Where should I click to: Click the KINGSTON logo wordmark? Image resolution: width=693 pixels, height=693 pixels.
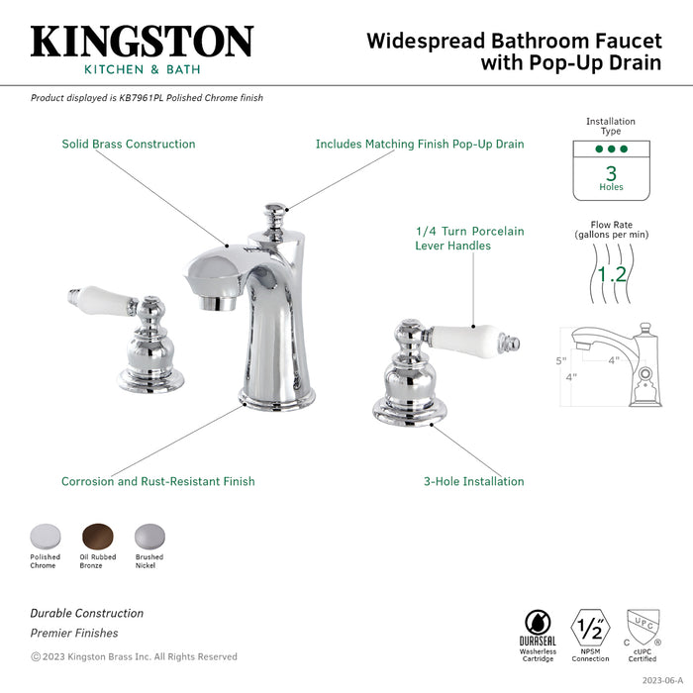142,41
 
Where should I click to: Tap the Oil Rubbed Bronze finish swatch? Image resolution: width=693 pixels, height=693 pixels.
98,535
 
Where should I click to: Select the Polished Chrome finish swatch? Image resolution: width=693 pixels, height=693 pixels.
45,535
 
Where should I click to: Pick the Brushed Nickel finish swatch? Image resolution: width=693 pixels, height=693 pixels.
148,535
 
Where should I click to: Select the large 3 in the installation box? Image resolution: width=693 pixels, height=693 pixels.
611,172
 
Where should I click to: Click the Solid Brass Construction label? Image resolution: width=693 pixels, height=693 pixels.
129,145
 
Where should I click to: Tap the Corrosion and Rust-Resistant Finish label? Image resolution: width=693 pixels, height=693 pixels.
158,482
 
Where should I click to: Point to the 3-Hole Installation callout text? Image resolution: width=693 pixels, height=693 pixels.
474,482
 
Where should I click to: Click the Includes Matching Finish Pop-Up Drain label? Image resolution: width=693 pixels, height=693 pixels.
420,145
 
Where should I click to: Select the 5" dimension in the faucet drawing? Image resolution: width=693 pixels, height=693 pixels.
559,361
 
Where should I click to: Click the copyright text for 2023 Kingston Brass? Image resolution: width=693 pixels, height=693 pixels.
134,656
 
